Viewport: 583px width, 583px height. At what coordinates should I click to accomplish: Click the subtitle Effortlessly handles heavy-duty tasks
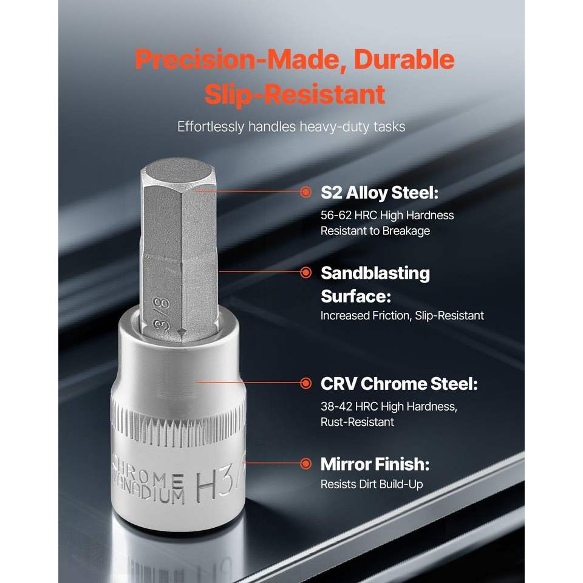(x=291, y=127)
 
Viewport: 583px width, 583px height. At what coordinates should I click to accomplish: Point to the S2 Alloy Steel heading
(x=380, y=193)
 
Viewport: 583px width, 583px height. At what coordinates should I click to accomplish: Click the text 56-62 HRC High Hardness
(x=387, y=215)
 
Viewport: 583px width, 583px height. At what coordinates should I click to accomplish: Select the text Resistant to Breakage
(x=375, y=231)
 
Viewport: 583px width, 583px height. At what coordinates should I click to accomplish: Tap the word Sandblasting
(x=375, y=274)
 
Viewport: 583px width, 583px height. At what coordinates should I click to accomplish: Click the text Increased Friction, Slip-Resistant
(x=402, y=316)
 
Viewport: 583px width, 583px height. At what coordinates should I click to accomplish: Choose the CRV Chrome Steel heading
(x=399, y=384)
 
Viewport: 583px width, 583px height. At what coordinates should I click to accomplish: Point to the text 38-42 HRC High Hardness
(x=389, y=406)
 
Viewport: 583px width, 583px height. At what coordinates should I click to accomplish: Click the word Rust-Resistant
(x=357, y=422)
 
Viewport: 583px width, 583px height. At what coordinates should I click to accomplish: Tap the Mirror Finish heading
(x=375, y=464)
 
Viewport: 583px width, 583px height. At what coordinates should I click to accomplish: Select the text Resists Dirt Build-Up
(x=372, y=484)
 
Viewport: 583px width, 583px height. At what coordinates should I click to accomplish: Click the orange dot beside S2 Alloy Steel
(x=306, y=192)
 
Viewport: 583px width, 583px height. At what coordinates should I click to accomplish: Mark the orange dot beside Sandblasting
(x=306, y=273)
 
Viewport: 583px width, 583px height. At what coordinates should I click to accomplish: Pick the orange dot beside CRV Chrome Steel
(x=306, y=383)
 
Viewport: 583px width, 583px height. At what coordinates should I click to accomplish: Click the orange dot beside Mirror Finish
(x=306, y=463)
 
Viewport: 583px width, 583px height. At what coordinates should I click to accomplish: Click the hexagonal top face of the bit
(x=178, y=173)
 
